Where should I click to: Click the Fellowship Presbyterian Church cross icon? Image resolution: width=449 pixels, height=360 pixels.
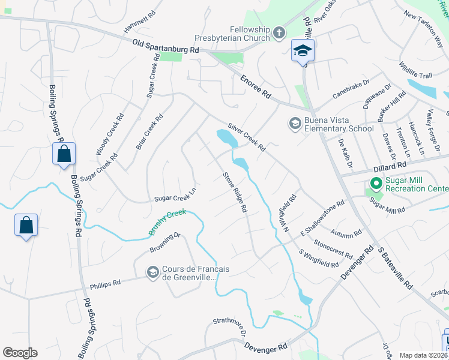point(279,33)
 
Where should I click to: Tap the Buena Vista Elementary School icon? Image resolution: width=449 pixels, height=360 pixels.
point(294,124)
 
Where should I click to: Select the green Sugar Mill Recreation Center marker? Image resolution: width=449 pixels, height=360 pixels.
point(376,183)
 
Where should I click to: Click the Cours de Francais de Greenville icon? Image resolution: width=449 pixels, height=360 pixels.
point(152,273)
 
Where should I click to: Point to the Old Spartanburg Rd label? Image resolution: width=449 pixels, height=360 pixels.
point(166,47)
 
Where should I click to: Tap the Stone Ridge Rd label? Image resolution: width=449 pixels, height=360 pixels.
point(235,193)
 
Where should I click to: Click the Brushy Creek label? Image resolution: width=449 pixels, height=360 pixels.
point(167,221)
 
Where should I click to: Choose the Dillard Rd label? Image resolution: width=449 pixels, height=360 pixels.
point(361,170)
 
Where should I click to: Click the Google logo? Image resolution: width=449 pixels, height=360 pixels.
point(20,353)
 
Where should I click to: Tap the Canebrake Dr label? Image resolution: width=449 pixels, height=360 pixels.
point(349,90)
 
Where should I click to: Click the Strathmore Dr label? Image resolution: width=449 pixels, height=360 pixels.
point(229,328)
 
